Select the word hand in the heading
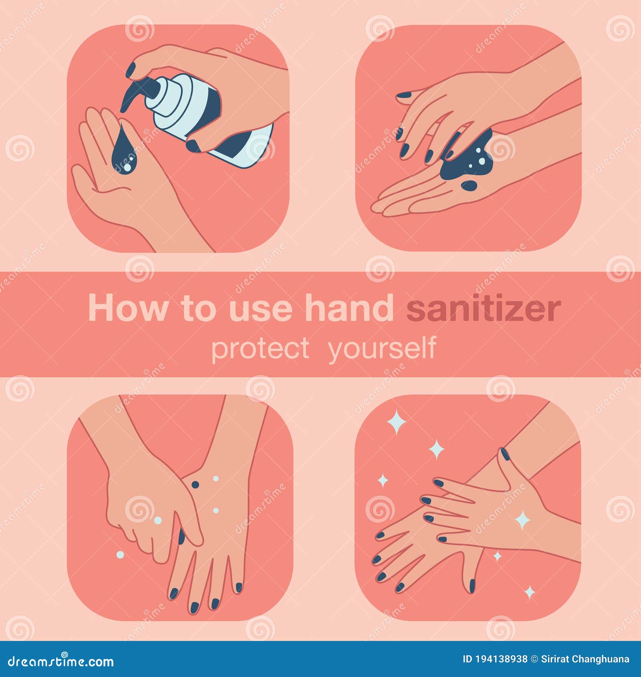point(349,308)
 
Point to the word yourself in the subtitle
point(382,349)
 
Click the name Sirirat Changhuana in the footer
point(585,659)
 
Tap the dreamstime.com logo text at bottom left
point(61,661)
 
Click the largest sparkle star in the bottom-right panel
point(397,421)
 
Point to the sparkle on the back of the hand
point(522,520)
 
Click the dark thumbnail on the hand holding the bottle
point(194,145)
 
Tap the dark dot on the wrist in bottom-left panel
point(195,484)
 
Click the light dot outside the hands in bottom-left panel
point(119,554)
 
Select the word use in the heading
point(260,308)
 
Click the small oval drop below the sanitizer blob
point(468,185)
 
